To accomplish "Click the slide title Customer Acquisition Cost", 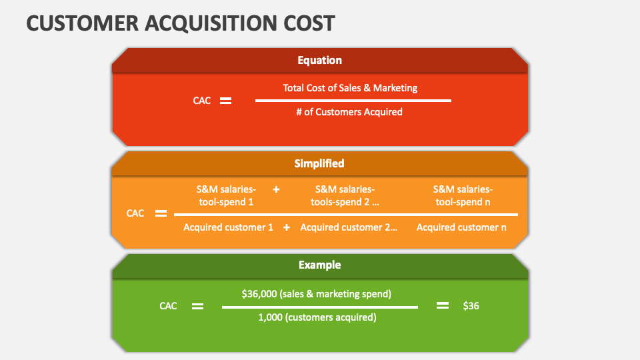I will tap(181, 23).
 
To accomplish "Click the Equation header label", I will tap(319, 60).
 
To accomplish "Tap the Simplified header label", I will tap(319, 163).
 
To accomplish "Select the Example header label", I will tap(319, 265).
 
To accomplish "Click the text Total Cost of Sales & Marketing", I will tap(350, 87).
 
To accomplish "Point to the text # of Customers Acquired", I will tap(349, 112).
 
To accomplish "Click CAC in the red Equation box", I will tap(202, 101).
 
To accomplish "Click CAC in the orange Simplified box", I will tap(135, 214).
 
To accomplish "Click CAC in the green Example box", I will tap(169, 306).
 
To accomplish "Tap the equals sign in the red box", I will tap(226, 101).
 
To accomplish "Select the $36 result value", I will tap(471, 306).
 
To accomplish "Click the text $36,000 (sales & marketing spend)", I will tap(316, 293).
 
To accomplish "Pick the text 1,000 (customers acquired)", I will tap(317, 317).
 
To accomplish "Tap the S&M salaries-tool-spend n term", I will tap(463, 195).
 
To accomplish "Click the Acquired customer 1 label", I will tap(228, 227).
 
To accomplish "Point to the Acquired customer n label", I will tap(461, 227).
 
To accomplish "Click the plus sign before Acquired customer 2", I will tap(287, 227).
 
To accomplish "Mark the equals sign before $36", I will tap(443, 306).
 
